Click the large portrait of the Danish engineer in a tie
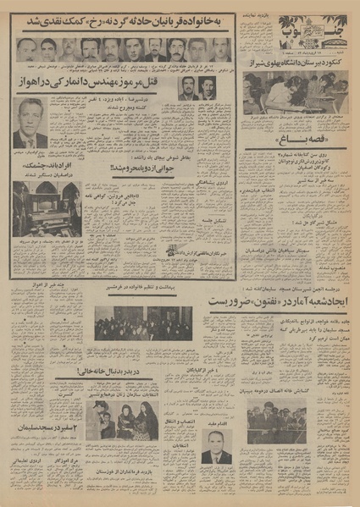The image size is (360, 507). [31, 124]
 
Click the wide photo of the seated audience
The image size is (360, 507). [143, 322]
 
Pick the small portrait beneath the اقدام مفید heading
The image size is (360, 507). [217, 445]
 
